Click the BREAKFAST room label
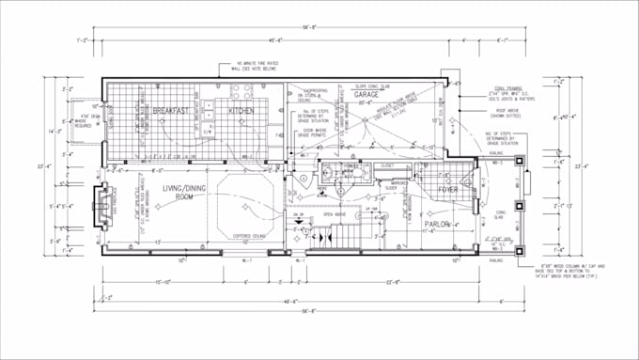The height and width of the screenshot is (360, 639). coord(172,111)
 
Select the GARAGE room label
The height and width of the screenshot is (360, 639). coord(366,95)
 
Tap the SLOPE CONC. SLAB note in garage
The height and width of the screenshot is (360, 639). coord(373,86)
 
